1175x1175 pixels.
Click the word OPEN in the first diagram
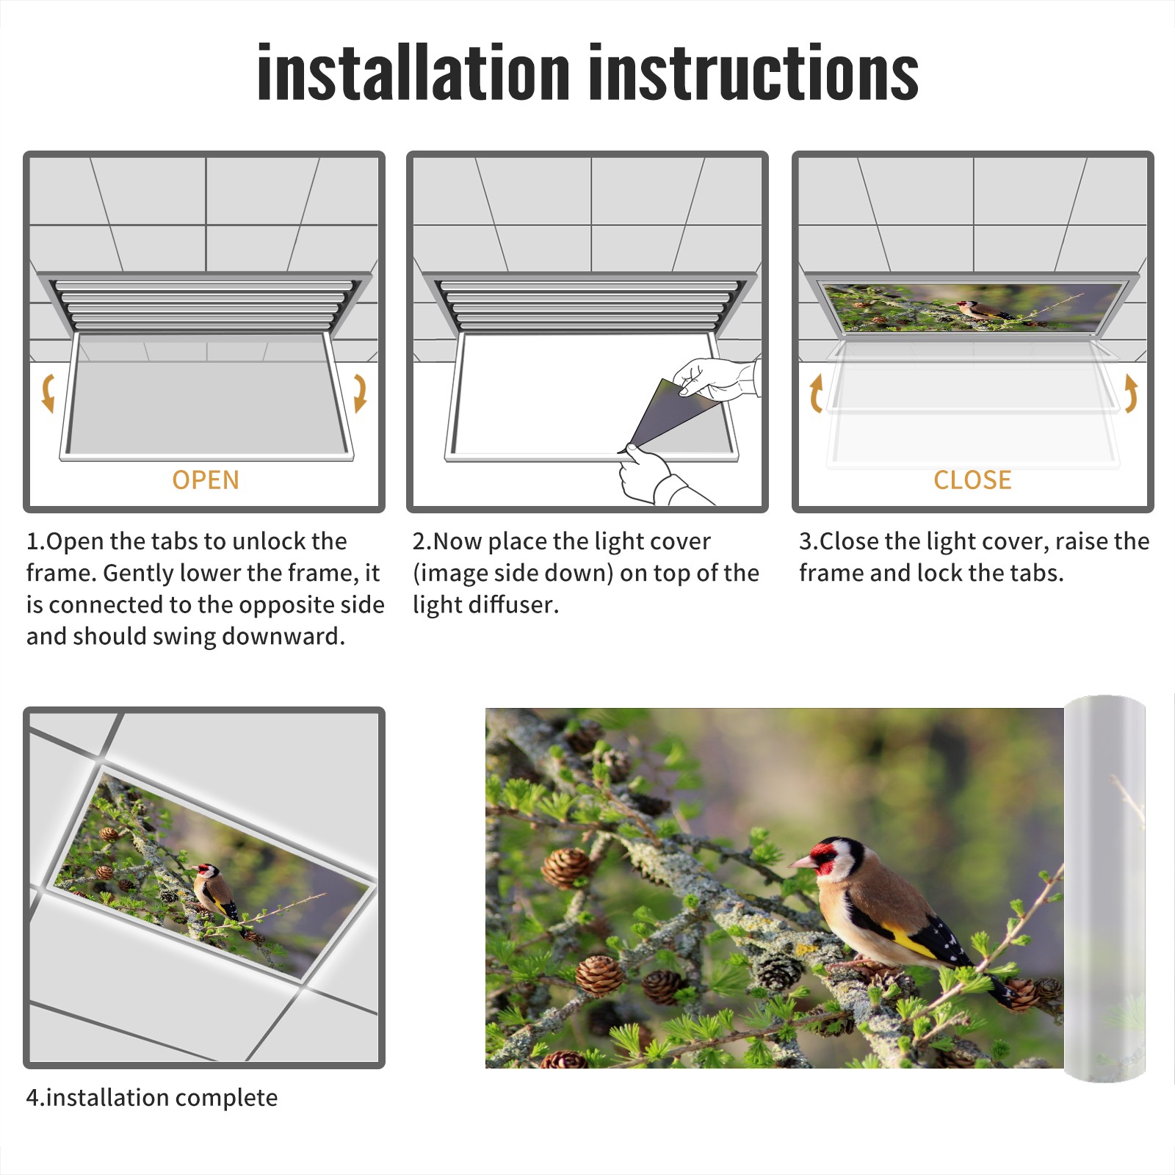tap(206, 480)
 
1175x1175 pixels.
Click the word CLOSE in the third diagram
tap(972, 480)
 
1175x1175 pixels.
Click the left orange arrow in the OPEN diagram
tap(48, 393)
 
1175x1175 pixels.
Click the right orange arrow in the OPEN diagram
tap(360, 393)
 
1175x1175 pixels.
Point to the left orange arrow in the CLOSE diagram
tap(816, 393)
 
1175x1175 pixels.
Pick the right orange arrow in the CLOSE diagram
tap(1131, 393)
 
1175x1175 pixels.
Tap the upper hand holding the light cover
tap(716, 378)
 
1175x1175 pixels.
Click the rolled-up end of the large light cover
tap(1104, 889)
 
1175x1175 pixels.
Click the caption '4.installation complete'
tap(152, 1098)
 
